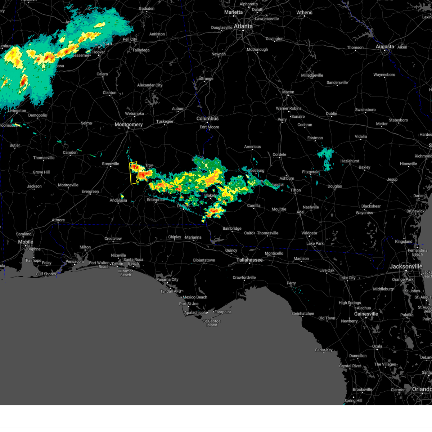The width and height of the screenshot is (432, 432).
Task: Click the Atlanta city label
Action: [243, 26]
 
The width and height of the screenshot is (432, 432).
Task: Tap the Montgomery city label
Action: [129, 125]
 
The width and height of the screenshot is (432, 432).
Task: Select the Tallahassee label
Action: [249, 260]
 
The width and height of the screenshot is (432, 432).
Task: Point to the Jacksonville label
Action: [406, 266]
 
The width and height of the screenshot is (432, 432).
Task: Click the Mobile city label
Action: [26, 242]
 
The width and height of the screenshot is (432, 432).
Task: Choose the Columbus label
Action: [207, 118]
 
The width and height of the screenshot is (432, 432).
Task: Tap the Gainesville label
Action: [366, 314]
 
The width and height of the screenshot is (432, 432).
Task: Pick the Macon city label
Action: [288, 92]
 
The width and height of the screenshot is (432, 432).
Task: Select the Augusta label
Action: [385, 47]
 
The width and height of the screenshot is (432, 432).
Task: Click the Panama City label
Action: [167, 279]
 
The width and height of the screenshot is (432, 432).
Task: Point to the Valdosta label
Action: [309, 233]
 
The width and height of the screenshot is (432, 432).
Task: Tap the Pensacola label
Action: [75, 261]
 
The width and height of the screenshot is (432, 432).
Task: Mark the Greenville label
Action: [110, 163]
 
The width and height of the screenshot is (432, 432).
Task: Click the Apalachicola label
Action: [195, 312]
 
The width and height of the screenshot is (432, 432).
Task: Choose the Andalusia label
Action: [118, 201]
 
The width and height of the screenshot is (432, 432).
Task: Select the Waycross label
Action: [364, 213]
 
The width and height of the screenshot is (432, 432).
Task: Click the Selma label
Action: [86, 123]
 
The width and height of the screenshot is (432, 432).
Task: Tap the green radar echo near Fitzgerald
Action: [326, 157]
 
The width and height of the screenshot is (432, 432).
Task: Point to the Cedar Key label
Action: [324, 350]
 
